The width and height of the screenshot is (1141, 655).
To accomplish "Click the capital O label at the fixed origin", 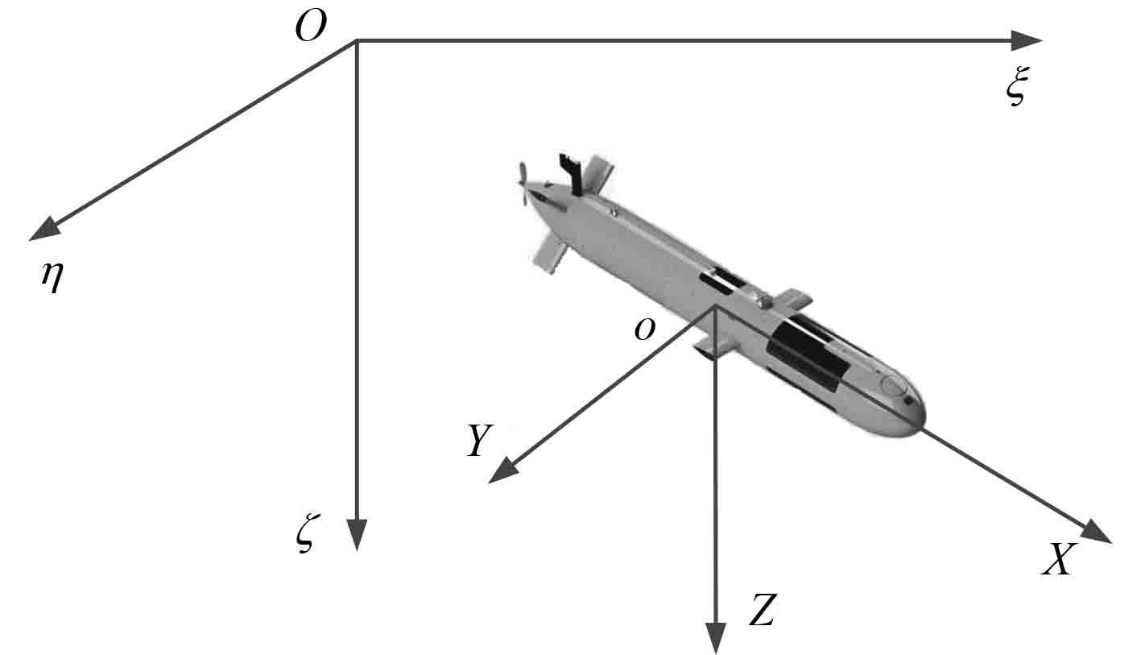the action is coord(310,27).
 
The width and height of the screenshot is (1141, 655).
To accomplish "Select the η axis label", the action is coord(52,278).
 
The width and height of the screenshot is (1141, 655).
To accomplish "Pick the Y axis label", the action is coord(480,440).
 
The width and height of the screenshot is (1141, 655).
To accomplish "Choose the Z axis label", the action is coord(763,610).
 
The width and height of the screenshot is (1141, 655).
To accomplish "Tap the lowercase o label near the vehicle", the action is coord(645,330).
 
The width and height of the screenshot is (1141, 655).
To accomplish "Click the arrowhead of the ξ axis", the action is coord(1027,41).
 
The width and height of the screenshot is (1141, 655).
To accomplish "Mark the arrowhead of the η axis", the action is coord(44,228).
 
